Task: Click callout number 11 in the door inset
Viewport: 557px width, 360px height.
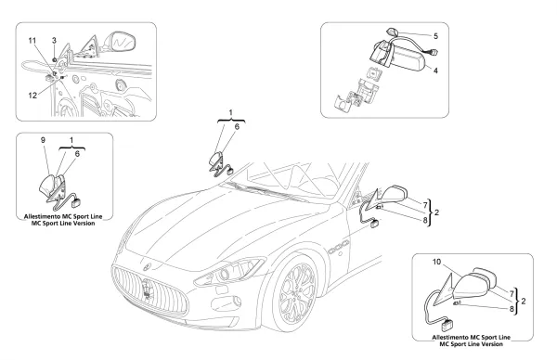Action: [x=32, y=41]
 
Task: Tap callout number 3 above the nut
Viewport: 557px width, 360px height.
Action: [x=54, y=41]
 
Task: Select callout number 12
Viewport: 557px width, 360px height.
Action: [x=32, y=96]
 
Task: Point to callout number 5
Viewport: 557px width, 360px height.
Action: [x=435, y=36]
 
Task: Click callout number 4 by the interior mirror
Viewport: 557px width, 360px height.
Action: [x=435, y=71]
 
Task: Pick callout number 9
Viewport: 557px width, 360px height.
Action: [x=43, y=140]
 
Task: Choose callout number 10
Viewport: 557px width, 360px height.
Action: [x=436, y=262]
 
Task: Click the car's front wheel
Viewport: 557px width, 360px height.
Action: [x=293, y=293]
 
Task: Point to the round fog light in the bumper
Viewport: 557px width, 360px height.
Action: [x=237, y=302]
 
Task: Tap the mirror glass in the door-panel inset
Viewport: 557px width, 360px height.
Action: [x=123, y=42]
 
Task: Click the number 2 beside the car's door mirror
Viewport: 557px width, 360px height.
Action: [x=436, y=212]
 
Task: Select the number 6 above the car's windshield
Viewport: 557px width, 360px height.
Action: [x=237, y=126]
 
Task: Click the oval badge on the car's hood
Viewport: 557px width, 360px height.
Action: [x=148, y=265]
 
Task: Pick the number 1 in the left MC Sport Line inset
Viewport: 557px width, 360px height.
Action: [x=71, y=140]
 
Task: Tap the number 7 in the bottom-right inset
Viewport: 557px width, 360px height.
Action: [x=512, y=294]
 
